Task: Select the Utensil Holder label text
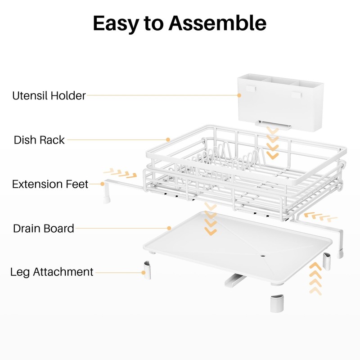pos(49,95)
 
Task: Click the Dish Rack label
pos(39,140)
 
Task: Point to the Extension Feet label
pos(50,184)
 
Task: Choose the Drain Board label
pos(43,228)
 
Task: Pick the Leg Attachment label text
pos(52,272)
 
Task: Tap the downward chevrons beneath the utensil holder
pos(272,143)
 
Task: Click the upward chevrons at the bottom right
pos(315,279)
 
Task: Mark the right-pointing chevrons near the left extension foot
pos(120,173)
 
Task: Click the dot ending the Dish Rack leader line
pos(168,139)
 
